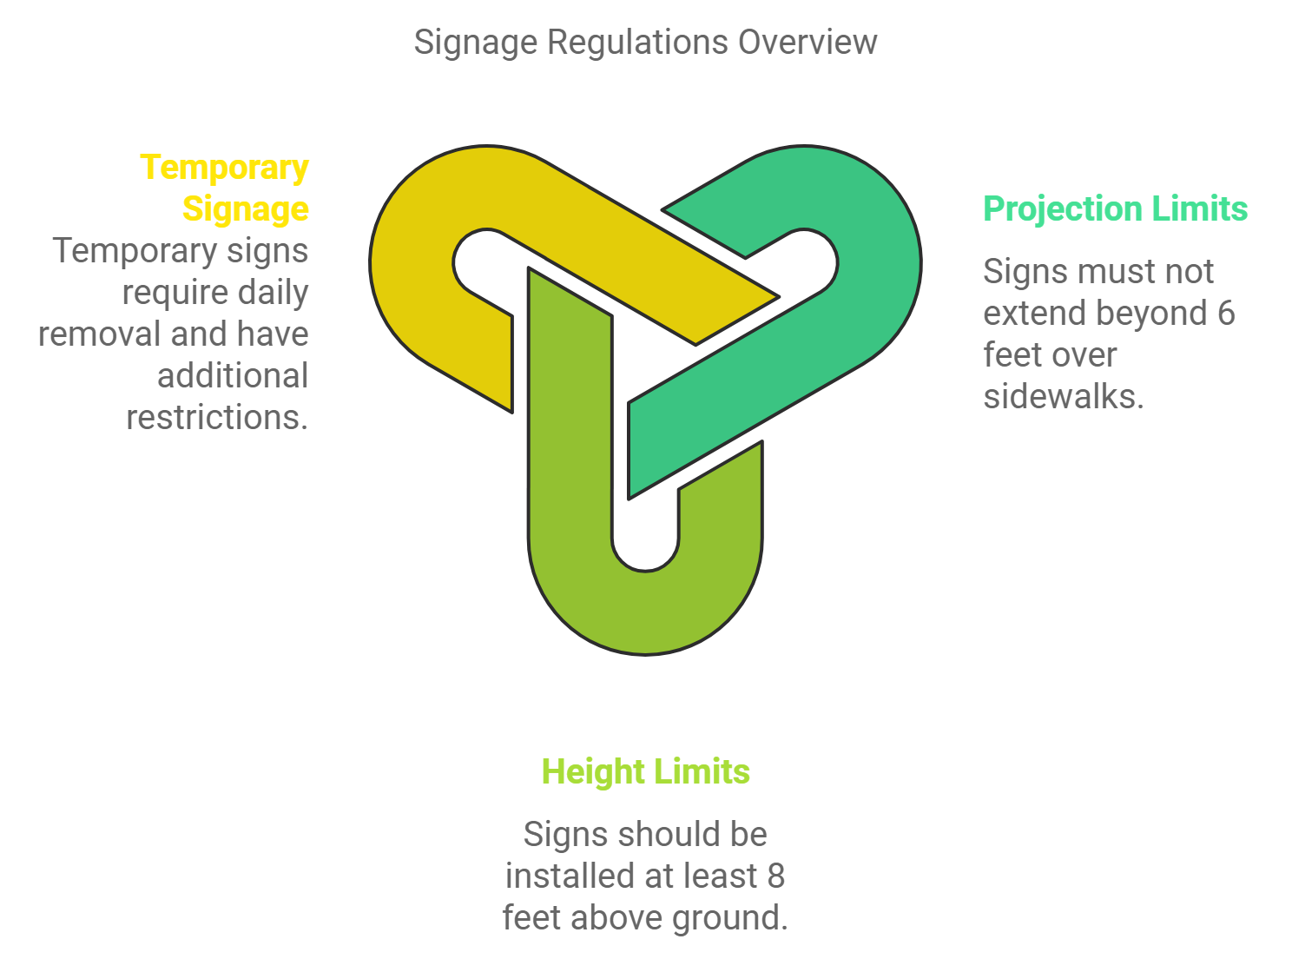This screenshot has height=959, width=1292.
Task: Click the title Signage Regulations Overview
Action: (645, 42)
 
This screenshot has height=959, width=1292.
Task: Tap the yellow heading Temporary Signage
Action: (225, 188)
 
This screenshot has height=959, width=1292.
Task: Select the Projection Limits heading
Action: (1115, 208)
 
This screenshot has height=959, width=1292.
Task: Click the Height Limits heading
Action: (645, 771)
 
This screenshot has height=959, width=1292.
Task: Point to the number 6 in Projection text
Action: (1225, 313)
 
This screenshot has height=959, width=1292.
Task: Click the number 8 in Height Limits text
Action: (775, 876)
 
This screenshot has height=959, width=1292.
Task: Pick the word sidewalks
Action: (1063, 396)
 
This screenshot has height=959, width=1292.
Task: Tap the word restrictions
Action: (217, 417)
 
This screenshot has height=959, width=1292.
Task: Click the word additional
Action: (233, 375)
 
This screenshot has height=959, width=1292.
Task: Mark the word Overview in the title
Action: (807, 42)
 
